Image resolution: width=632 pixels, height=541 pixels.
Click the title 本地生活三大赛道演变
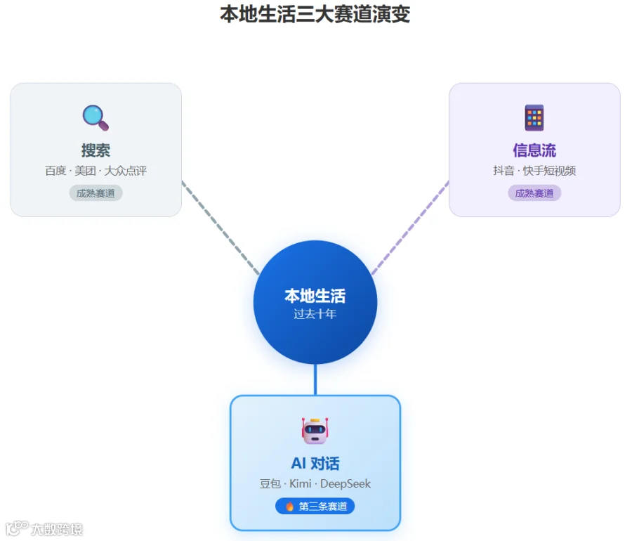point(315,14)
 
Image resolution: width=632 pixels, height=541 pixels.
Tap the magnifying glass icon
point(96,118)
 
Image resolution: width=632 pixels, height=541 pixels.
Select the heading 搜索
point(96,150)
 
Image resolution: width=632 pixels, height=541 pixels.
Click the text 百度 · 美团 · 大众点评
point(96,171)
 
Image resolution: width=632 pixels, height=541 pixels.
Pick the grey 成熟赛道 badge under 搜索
point(96,193)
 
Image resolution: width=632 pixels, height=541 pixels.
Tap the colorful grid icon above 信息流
point(534,118)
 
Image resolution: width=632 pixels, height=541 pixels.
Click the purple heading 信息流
point(534,150)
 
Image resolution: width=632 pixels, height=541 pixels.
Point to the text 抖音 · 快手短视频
point(534,171)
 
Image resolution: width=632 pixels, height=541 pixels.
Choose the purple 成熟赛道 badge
point(534,193)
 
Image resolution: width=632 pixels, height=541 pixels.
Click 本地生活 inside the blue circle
point(315,296)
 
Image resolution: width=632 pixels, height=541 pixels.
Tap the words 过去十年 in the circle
point(315,314)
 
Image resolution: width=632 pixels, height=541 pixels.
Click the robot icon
point(315,431)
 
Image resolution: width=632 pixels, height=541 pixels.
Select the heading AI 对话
point(315,464)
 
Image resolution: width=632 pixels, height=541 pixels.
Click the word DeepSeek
point(345,484)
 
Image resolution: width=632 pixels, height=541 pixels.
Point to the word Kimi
point(301,484)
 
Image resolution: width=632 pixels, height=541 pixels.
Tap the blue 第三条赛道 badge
point(315,507)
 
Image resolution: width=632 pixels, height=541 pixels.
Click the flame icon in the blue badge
point(289,507)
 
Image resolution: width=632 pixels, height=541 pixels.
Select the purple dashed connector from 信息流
point(410,228)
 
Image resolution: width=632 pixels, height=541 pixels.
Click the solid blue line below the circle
point(315,379)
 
